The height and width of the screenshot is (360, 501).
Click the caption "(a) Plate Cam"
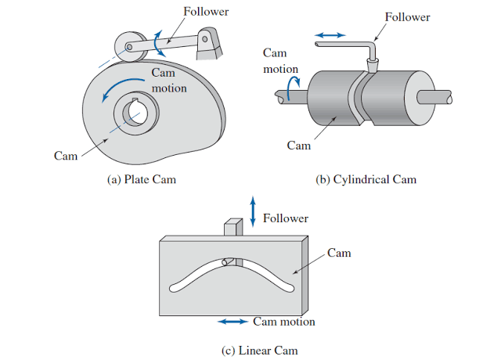(x=141, y=179)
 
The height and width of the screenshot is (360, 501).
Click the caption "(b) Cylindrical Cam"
(x=366, y=179)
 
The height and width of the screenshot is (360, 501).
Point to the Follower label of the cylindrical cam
(x=409, y=16)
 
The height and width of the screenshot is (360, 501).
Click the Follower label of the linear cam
(x=286, y=218)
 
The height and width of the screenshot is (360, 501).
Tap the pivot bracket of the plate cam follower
(x=207, y=44)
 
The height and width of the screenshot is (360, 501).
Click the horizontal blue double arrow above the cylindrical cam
(x=329, y=35)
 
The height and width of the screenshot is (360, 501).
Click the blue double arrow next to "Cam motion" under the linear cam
(x=234, y=322)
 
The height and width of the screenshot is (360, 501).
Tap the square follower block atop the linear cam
(x=233, y=228)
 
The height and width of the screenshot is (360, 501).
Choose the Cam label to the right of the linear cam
(x=339, y=253)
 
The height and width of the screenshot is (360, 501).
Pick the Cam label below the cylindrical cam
(x=299, y=146)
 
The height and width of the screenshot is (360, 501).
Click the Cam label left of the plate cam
(x=66, y=156)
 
